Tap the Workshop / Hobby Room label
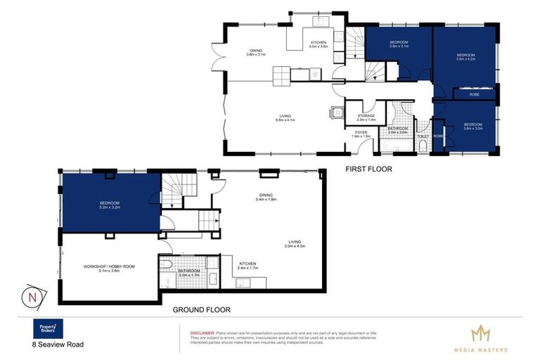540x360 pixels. tap(109, 267)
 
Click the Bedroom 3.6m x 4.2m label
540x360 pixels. tap(466, 58)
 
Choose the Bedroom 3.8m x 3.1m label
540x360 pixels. tap(399, 44)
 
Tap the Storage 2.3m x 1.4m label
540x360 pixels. tap(366, 117)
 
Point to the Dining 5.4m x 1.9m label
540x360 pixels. tap(266, 198)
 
